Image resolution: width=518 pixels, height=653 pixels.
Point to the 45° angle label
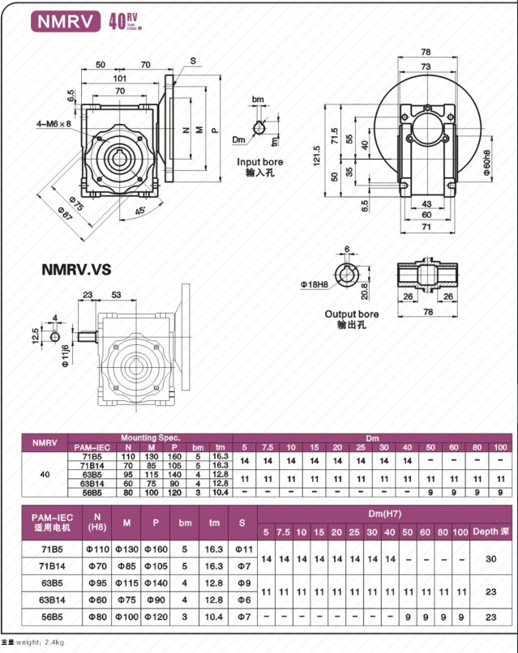141,211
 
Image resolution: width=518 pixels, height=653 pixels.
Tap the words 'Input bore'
261,161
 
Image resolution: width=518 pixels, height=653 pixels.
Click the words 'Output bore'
352,314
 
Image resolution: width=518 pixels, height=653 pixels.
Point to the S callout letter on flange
193,61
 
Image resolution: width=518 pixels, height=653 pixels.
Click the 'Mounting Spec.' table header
150,437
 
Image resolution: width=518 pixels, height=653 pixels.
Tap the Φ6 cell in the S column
242,600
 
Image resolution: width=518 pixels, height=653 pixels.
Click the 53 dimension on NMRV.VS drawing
116,295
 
